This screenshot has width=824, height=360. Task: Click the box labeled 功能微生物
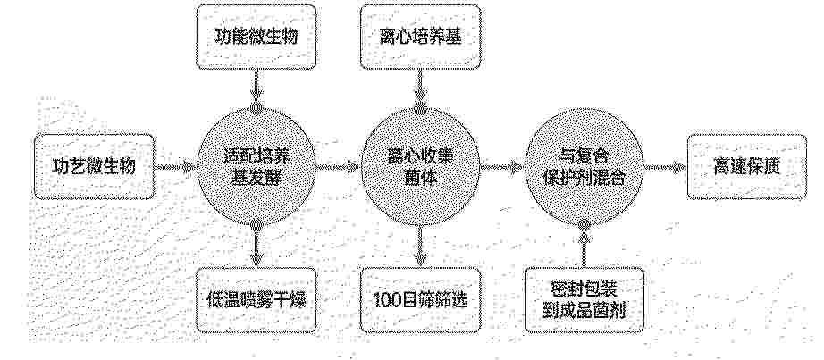256,37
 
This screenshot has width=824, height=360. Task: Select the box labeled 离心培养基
420,37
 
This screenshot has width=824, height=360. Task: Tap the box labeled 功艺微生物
95,166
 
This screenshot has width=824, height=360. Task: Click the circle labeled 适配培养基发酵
256,166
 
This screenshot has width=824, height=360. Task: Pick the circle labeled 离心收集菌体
420,166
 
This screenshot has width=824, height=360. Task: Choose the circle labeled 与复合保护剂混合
584,166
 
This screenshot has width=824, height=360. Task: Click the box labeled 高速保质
747,166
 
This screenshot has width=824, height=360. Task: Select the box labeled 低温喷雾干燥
256,300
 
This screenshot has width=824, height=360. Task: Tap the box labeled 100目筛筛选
420,300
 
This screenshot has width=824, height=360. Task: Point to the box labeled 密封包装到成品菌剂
584,300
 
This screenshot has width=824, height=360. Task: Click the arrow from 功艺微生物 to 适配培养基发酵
175,167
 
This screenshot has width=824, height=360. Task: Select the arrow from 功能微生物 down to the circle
256,88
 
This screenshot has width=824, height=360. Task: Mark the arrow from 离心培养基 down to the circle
420,88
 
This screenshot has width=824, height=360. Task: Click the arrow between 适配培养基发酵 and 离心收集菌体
338,167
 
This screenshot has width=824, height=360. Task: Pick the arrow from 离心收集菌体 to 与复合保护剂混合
502,167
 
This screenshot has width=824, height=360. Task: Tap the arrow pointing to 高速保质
666,167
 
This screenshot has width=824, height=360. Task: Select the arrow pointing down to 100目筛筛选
420,247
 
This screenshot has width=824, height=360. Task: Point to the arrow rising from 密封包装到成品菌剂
584,247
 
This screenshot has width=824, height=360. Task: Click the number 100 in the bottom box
386,300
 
